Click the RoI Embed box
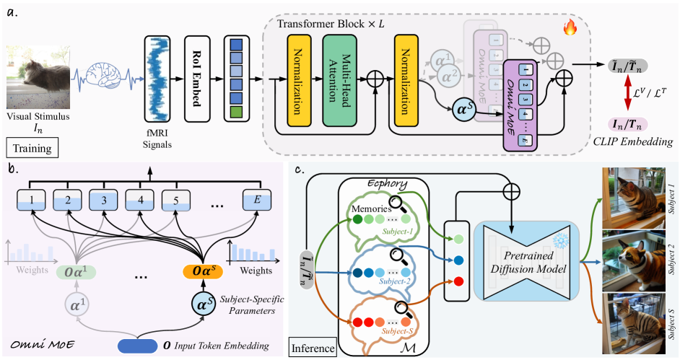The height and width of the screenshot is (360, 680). click(199, 74)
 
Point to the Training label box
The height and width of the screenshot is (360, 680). click(31, 149)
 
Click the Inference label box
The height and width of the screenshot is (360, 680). click(313, 348)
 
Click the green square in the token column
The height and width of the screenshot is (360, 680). click(236, 112)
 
